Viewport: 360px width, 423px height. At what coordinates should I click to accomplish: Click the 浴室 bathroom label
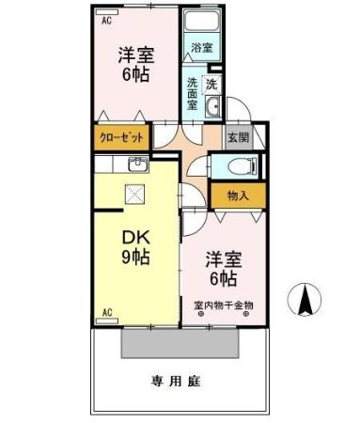tap(200, 46)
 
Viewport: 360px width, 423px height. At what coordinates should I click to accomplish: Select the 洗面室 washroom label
tap(192, 92)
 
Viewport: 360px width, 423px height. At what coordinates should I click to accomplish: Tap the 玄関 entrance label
tap(238, 137)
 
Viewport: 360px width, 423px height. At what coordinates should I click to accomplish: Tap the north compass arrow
tap(305, 300)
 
